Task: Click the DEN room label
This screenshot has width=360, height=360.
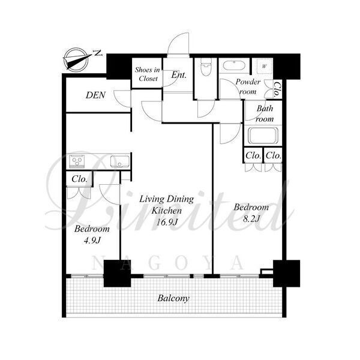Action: click(95, 95)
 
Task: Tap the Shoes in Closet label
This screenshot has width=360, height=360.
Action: click(148, 74)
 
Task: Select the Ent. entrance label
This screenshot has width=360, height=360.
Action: click(179, 74)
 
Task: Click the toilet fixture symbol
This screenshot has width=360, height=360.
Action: click(206, 67)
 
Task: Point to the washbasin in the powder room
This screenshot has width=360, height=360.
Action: click(234, 65)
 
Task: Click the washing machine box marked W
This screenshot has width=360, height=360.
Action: click(265, 66)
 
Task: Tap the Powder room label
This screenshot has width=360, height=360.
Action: click(248, 86)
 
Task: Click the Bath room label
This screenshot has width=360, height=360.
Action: click(265, 113)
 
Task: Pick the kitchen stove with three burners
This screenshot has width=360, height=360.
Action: click(77, 160)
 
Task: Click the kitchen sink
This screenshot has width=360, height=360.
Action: click(119, 161)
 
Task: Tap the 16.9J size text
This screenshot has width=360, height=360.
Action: click(167, 222)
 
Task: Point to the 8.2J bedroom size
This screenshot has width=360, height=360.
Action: click(251, 218)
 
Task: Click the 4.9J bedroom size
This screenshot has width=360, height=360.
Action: click(92, 240)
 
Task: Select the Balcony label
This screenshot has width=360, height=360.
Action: click(173, 298)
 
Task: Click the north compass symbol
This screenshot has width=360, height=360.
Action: click(77, 58)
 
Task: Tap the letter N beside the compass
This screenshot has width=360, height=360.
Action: click(98, 53)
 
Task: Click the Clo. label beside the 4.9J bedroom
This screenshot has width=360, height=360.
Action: click(79, 179)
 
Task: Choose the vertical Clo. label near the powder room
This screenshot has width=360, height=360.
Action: click(277, 89)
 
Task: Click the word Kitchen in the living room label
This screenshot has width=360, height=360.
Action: click(166, 211)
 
